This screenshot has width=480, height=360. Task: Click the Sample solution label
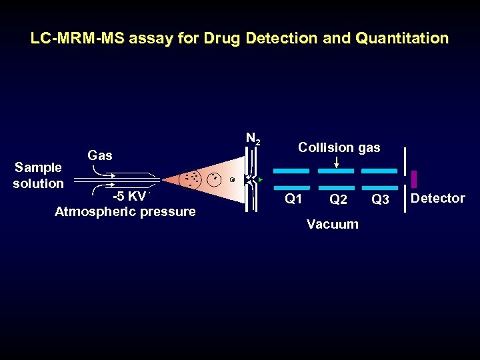(x=38, y=175)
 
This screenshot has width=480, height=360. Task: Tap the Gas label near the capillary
(x=99, y=155)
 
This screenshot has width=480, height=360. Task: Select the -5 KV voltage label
(x=129, y=196)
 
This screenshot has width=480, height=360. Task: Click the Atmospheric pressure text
(x=125, y=212)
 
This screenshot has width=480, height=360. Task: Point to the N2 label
(x=253, y=139)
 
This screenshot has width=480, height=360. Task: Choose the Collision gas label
(x=339, y=147)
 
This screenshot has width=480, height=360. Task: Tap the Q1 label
(x=293, y=199)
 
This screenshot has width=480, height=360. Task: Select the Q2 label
(x=338, y=199)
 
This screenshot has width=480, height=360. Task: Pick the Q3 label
(x=380, y=199)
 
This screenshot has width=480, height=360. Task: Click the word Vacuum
(x=332, y=224)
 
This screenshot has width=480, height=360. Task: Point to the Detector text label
(x=437, y=198)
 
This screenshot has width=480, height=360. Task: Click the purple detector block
(x=414, y=179)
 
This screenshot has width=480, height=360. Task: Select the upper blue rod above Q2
(x=335, y=171)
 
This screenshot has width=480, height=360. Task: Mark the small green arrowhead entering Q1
(x=261, y=180)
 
